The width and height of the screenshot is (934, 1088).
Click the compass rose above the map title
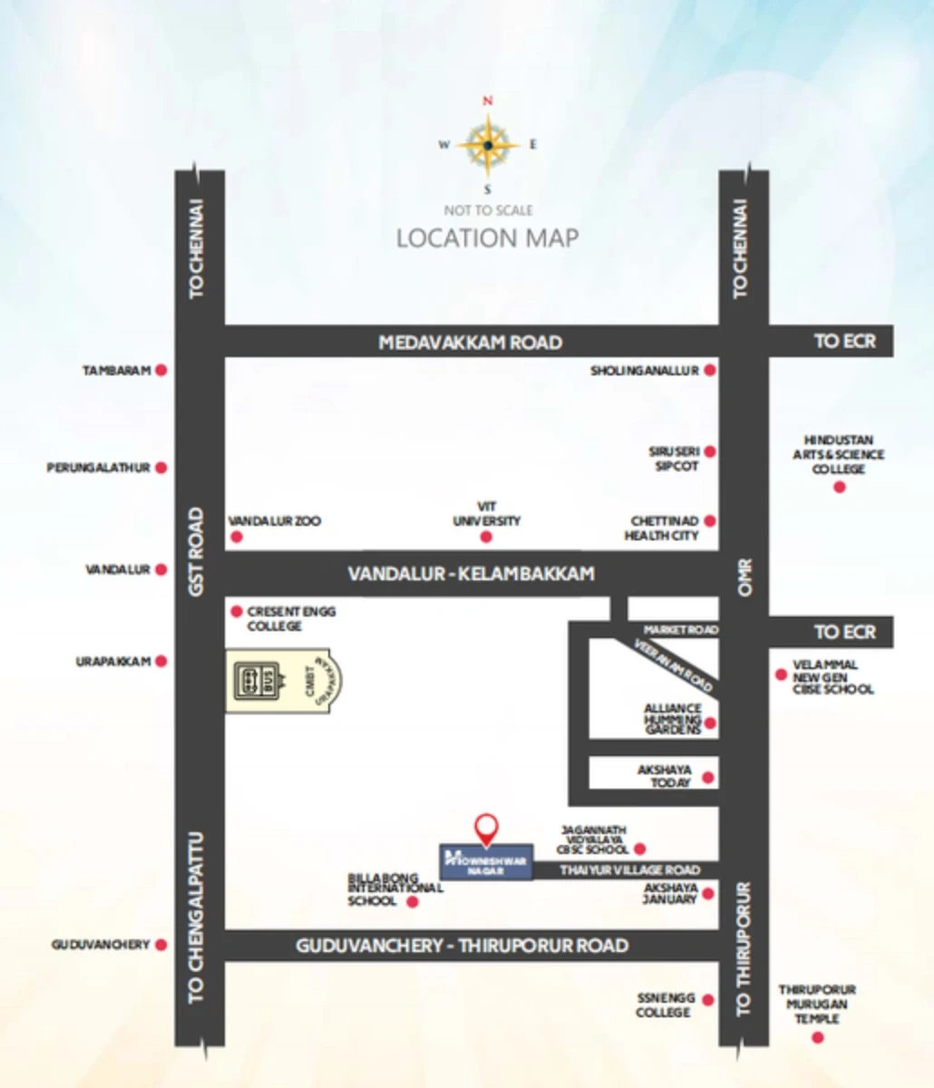(488, 145)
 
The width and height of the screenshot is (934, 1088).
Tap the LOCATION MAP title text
(487, 238)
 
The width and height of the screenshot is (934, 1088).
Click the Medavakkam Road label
(470, 343)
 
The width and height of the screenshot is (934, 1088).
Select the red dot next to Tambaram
(161, 370)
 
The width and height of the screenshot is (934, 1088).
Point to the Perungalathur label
(98, 468)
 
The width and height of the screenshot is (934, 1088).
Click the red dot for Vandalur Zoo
(237, 538)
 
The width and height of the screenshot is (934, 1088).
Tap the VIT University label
(487, 514)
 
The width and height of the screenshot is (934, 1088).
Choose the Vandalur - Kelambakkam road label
(471, 574)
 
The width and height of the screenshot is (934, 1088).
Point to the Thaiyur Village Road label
(629, 870)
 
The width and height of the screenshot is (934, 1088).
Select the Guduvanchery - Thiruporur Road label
(462, 946)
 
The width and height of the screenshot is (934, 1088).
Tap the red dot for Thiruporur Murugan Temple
(818, 1037)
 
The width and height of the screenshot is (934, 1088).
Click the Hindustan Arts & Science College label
(839, 454)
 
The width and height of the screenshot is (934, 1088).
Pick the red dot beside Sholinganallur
(711, 370)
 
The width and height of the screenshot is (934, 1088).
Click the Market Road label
(680, 629)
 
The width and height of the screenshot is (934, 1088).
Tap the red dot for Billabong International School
(413, 902)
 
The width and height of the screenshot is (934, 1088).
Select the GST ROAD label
(197, 552)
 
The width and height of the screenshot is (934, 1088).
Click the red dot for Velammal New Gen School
(780, 675)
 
